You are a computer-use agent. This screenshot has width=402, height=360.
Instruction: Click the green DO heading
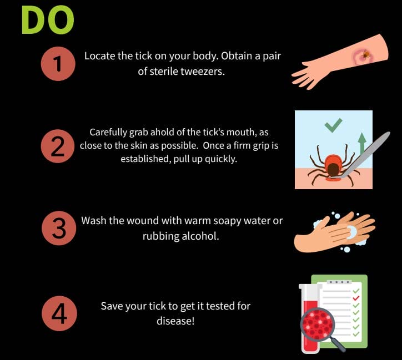(x=48, y=20)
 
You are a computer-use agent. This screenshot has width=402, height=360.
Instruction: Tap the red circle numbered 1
(x=58, y=64)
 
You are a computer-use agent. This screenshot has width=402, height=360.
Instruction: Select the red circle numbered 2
(x=58, y=146)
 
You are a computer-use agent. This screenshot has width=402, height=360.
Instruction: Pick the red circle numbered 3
(x=59, y=228)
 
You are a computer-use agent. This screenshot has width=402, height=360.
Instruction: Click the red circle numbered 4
(x=59, y=313)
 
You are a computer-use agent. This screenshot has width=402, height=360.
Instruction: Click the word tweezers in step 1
(x=203, y=72)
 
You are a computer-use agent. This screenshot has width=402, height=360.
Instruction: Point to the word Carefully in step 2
(x=108, y=133)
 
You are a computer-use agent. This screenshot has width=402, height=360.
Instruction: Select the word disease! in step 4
(x=175, y=321)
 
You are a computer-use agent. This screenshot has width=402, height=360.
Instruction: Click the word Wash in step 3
(x=94, y=220)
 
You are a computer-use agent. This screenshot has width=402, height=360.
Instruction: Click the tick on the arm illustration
(x=365, y=54)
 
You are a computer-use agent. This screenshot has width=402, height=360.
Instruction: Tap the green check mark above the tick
(x=333, y=125)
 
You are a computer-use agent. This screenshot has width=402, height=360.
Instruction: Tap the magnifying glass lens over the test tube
(x=318, y=324)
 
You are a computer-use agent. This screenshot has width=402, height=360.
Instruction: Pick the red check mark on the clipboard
(x=356, y=298)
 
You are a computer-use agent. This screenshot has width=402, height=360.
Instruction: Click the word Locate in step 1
(x=99, y=56)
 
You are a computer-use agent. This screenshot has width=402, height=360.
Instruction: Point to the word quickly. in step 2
(x=221, y=159)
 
